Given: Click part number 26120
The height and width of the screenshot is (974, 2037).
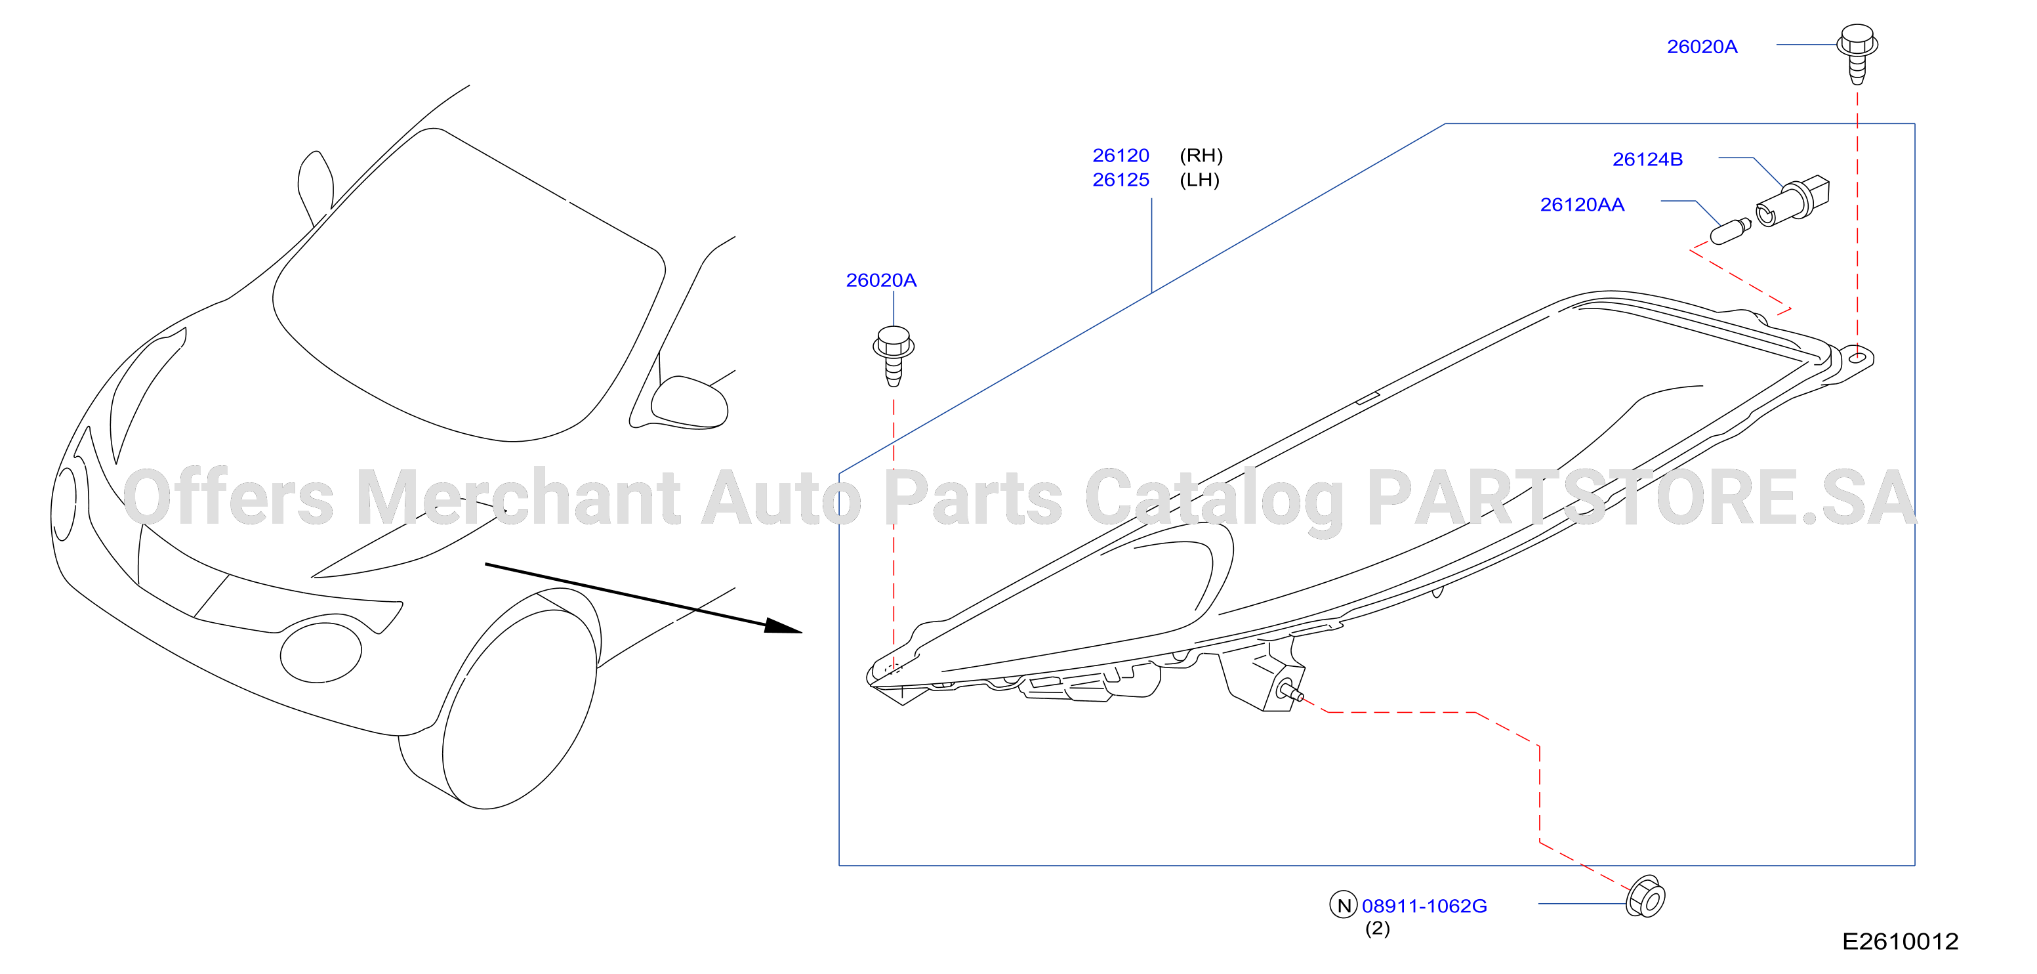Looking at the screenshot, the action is pyautogui.click(x=1121, y=155).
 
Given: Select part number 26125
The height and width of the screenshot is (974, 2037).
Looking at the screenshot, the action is pyautogui.click(x=1121, y=180).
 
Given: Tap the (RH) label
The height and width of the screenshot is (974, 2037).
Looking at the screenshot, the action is pyautogui.click(x=1201, y=155).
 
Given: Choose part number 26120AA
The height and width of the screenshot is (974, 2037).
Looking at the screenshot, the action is pyautogui.click(x=1582, y=204).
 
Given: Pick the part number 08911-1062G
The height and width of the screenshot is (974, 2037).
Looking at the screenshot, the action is pyautogui.click(x=1424, y=906).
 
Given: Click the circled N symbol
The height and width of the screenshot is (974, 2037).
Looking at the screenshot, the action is pyautogui.click(x=1344, y=905).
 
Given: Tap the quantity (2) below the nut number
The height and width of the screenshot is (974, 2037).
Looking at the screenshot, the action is pyautogui.click(x=1378, y=928).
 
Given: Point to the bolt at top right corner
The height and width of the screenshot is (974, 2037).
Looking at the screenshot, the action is pyautogui.click(x=1857, y=53).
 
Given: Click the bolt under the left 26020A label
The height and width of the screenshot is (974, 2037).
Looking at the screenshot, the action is pyautogui.click(x=894, y=355).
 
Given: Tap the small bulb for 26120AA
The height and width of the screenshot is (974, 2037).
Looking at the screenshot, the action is pyautogui.click(x=1730, y=231).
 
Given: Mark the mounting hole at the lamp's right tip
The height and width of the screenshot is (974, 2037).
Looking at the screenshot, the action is pyautogui.click(x=1857, y=358).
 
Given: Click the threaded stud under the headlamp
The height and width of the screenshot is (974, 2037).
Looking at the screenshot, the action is pyautogui.click(x=1291, y=692).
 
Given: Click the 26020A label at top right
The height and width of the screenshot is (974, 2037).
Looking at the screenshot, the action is pyautogui.click(x=1702, y=47).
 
